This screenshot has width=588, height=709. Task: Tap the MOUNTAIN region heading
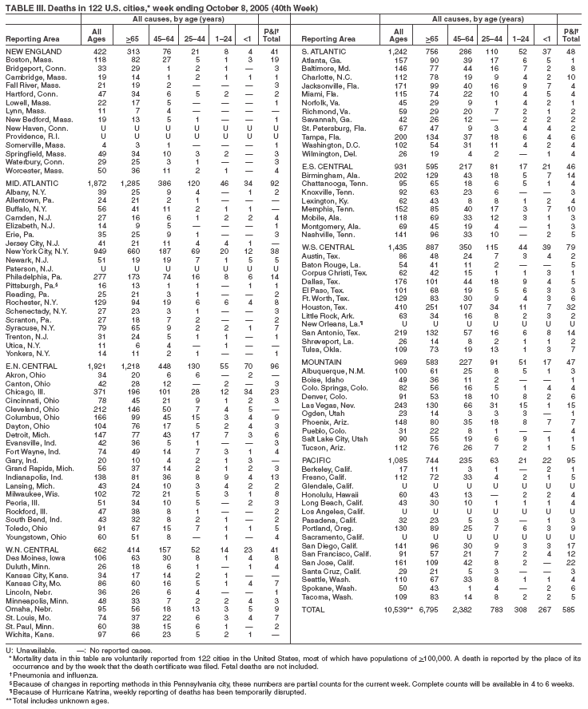(x=327, y=364)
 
